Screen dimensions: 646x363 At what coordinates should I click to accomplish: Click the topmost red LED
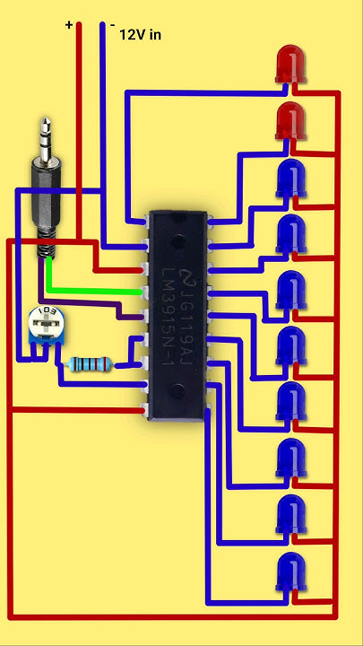coord(289,65)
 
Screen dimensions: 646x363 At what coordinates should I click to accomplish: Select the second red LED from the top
coord(289,120)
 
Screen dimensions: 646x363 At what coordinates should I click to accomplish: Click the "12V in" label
coord(142,34)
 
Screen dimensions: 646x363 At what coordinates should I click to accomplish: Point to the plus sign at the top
coord(69,25)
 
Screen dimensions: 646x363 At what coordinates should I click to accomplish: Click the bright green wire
coord(90,291)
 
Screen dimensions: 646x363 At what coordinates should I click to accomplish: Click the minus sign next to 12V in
coord(112,26)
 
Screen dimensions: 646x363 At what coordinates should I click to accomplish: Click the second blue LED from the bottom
coord(289,514)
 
